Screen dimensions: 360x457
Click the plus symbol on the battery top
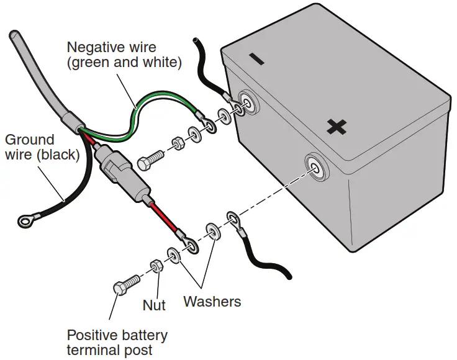click(x=337, y=127)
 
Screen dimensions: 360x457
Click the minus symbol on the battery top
click(x=256, y=59)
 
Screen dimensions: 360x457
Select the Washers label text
click(x=212, y=302)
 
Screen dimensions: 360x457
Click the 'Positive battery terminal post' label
click(x=117, y=343)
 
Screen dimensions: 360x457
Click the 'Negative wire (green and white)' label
click(x=124, y=55)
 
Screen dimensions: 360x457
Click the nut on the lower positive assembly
click(x=155, y=267)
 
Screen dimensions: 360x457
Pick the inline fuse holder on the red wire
click(x=124, y=173)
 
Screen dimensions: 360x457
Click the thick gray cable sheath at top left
click(x=37, y=74)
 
